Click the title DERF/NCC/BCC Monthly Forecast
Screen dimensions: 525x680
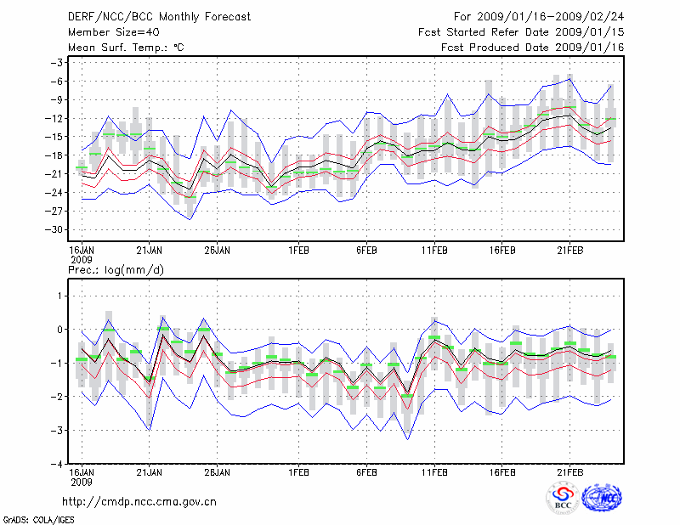(159, 16)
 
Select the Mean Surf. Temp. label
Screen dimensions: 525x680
(127, 48)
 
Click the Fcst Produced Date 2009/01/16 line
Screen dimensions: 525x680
(533, 48)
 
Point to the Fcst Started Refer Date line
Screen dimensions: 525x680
(522, 31)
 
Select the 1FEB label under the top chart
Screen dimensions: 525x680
(298, 251)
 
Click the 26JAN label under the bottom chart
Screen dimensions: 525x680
(218, 471)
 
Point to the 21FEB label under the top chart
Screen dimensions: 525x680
(570, 251)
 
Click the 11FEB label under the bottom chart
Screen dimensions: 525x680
(434, 471)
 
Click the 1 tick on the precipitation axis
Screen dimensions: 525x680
(59, 296)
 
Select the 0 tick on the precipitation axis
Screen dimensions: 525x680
(59, 330)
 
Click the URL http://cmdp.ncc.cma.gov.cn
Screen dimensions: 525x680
(140, 501)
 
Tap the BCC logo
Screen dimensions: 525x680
(563, 499)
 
